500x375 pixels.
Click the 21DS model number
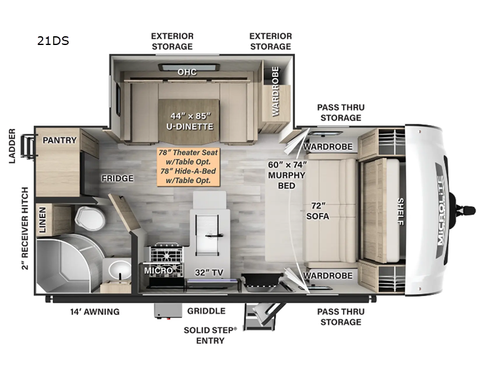[x=53, y=41]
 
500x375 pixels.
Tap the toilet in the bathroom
[x=90, y=217]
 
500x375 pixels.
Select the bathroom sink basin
[x=119, y=270]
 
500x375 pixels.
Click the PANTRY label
[x=59, y=140]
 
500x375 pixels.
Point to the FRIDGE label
[x=117, y=178]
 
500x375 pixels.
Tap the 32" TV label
[x=209, y=272]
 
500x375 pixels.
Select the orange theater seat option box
[x=189, y=166]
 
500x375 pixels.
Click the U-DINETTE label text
[x=190, y=127]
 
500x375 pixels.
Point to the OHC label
[x=187, y=72]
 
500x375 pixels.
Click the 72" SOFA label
[x=317, y=211]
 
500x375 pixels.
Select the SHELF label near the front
[x=401, y=211]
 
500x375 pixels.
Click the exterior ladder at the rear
[x=27, y=146]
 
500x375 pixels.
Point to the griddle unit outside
[x=167, y=311]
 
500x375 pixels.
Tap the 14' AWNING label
[x=95, y=311]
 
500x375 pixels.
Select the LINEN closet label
[x=42, y=220]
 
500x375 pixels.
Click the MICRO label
[x=158, y=271]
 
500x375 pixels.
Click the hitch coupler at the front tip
[x=466, y=211]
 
